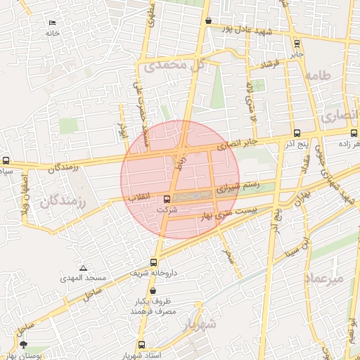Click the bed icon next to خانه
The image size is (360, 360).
point(53,23)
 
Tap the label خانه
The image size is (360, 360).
point(52,33)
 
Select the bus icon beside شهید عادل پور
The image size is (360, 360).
point(208,21)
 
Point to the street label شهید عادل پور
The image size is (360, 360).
point(246,29)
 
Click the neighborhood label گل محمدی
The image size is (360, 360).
point(175,66)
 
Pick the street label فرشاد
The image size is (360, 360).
point(269,65)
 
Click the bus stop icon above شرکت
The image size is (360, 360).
point(167,199)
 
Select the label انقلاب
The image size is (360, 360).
point(143,200)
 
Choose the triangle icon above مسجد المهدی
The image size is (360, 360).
point(84,269)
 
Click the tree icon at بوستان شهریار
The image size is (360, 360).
point(24,345)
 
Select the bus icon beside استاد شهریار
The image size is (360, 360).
point(143,345)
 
